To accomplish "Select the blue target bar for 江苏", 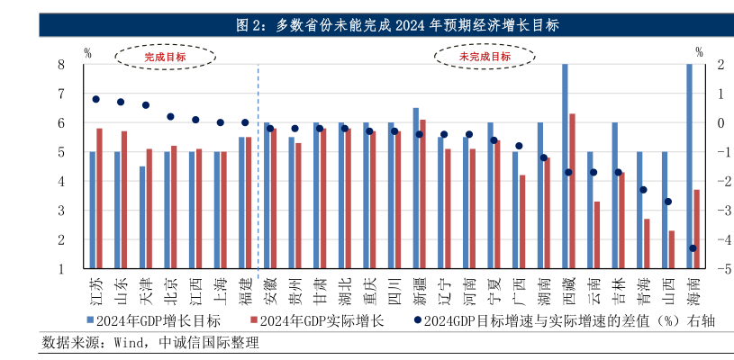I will click(92, 210).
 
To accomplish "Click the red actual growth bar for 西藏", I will click(572, 191).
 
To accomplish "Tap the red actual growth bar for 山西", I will click(672, 249).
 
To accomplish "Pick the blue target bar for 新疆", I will click(415, 188).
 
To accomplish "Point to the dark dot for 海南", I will click(693, 248).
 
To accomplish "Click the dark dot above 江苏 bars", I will click(95, 99).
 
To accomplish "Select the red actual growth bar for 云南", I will click(597, 235).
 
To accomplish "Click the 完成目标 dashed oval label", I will click(166, 58).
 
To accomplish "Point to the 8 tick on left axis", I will click(61, 65).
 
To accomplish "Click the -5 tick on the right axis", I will click(711, 269).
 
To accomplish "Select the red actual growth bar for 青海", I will click(647, 243).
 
